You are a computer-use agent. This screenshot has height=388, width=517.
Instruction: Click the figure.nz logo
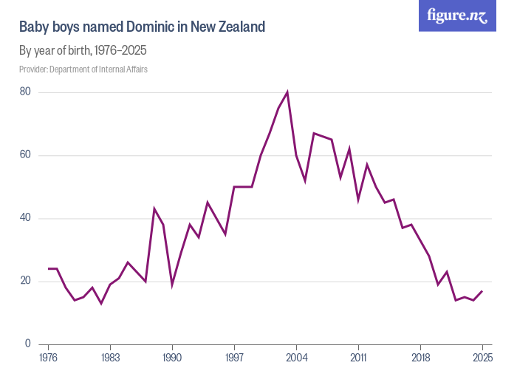click(457, 16)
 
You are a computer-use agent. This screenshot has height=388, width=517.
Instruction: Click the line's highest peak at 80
click(287, 92)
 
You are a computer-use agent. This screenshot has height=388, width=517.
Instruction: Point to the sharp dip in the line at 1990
click(173, 284)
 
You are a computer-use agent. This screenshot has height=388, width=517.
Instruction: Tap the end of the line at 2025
click(482, 290)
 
